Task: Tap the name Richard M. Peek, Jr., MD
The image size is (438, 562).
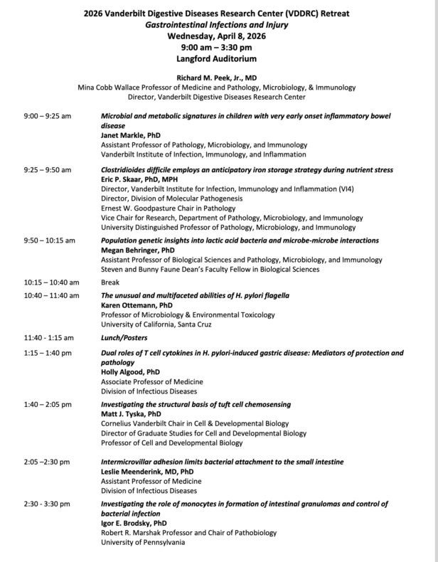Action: (x=219, y=77)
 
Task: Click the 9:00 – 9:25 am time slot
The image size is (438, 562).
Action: (x=47, y=115)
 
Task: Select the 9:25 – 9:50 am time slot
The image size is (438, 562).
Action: (x=47, y=171)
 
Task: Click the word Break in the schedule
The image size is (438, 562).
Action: (x=111, y=282)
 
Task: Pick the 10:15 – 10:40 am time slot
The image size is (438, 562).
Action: (x=50, y=282)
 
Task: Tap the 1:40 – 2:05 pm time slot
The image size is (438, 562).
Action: (x=47, y=405)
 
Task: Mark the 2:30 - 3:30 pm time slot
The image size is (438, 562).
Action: (x=47, y=504)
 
